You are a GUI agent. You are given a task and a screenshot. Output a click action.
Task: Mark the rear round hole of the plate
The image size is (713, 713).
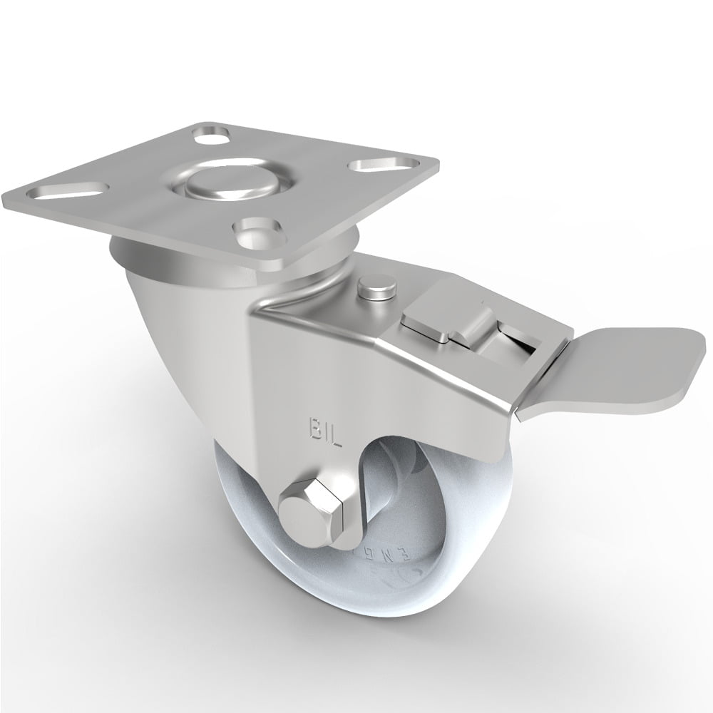[x=211, y=133]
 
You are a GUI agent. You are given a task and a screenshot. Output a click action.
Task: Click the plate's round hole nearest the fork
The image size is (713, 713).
[x=255, y=230]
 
